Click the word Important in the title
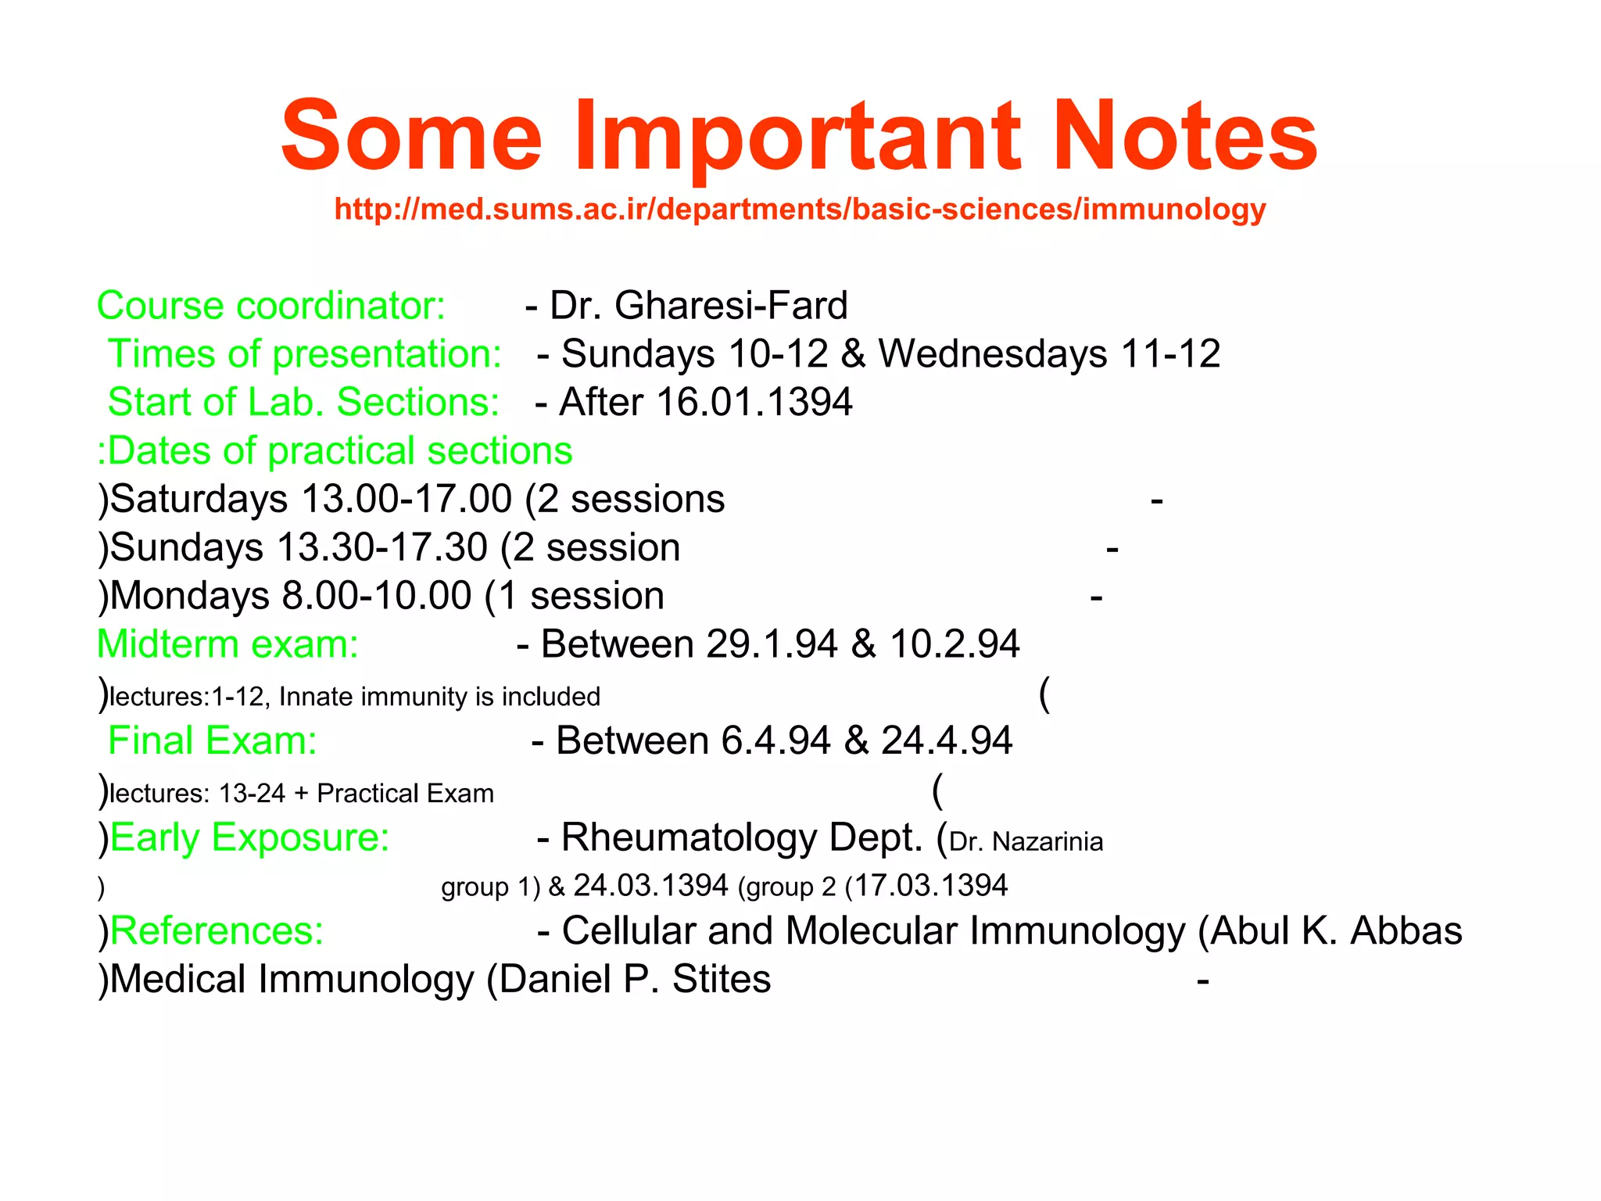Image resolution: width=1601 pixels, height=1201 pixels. click(797, 137)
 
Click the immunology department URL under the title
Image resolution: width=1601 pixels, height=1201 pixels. click(800, 210)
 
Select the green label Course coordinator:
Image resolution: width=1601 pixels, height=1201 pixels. click(270, 306)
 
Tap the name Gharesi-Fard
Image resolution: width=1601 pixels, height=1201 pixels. click(731, 306)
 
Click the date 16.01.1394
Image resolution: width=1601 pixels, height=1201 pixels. click(754, 402)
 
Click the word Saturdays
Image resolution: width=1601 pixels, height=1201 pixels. click(199, 499)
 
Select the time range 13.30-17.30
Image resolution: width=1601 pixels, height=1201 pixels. click(382, 547)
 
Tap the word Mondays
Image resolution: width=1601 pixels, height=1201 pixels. click(190, 596)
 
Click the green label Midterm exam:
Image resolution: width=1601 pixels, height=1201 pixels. click(227, 644)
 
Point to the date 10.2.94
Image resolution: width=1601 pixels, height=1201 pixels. click(954, 644)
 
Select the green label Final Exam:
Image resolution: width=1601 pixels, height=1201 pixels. click(213, 740)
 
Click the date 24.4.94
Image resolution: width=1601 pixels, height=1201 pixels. click(946, 740)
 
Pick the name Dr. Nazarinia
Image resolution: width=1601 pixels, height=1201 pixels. click(1026, 842)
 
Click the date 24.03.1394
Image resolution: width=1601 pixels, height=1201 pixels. click(650, 886)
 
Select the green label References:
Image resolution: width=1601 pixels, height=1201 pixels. click(217, 931)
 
